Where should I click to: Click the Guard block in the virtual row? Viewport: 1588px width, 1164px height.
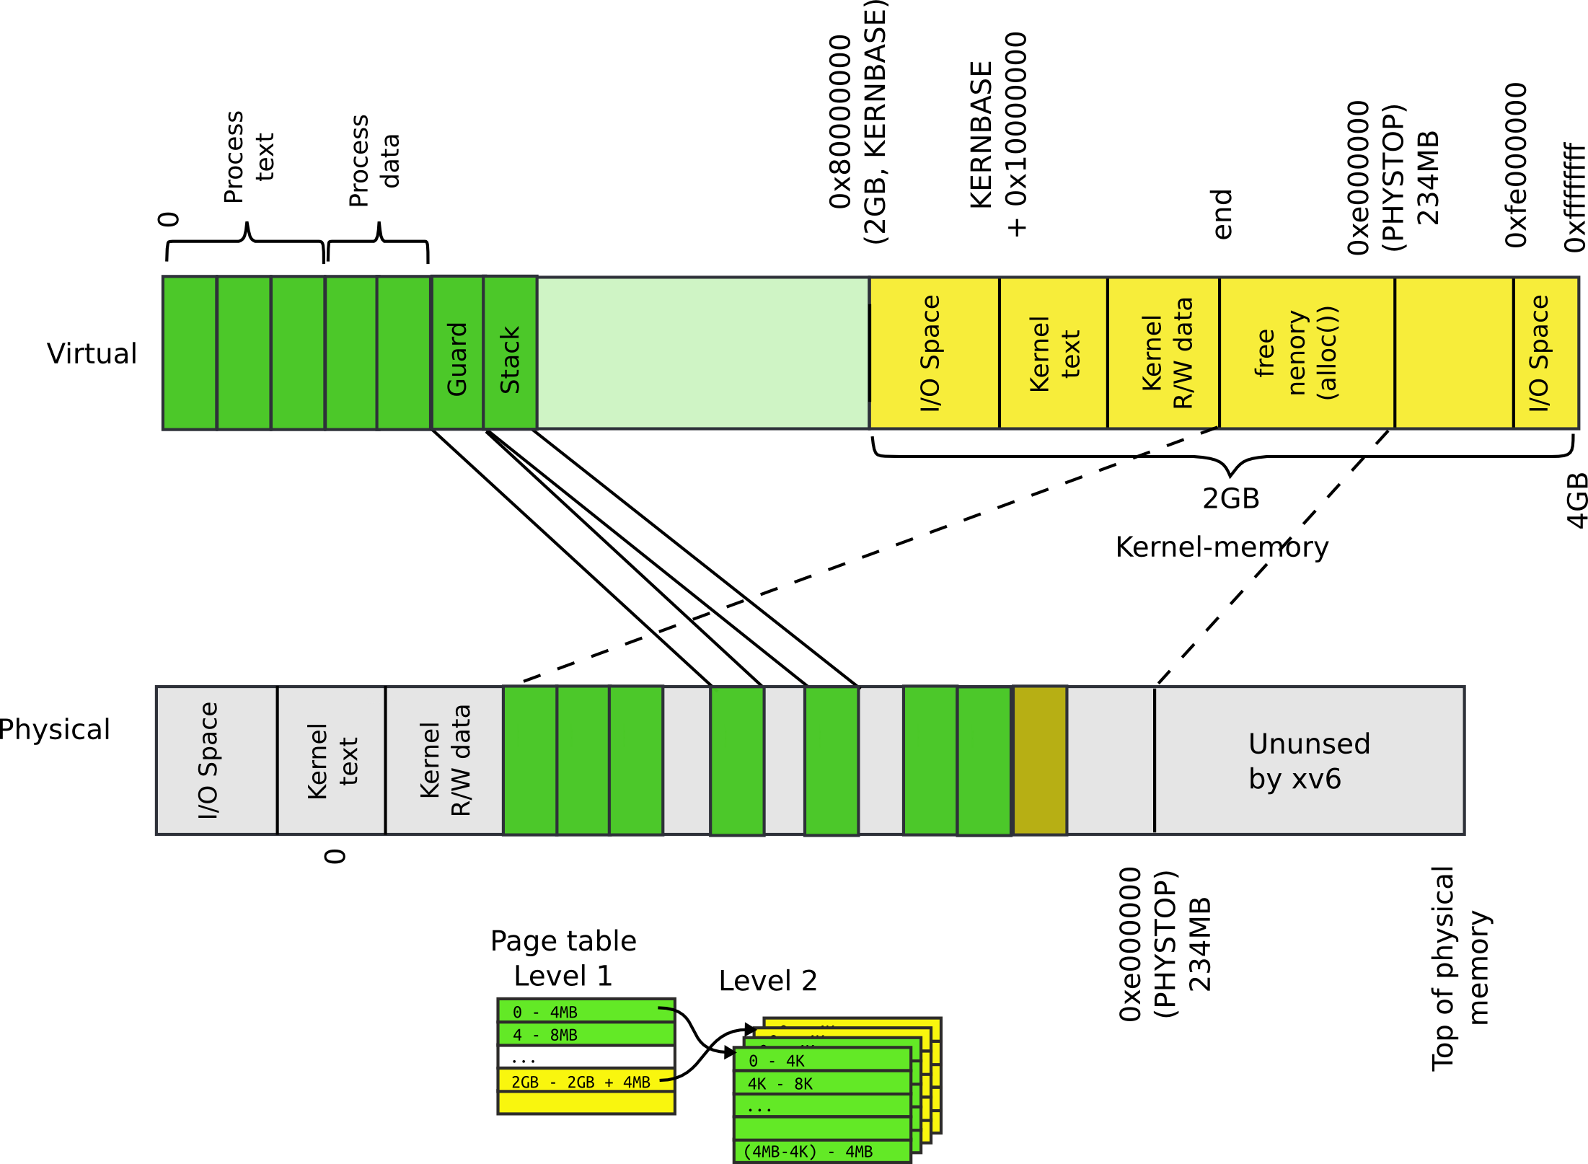[456, 353]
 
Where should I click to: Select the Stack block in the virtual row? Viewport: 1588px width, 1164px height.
[510, 353]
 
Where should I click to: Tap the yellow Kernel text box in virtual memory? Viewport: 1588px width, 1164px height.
[1053, 353]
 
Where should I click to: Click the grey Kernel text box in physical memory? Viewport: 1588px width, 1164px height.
[331, 760]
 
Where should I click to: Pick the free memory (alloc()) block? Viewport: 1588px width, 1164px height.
[1306, 353]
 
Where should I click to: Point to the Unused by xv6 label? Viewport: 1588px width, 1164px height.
[1308, 761]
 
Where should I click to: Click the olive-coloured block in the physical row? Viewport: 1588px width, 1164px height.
[1039, 760]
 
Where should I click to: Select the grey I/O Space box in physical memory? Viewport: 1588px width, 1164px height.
[216, 760]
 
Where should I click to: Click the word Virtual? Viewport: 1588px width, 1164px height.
[92, 353]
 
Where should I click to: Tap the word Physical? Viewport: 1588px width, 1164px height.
[55, 729]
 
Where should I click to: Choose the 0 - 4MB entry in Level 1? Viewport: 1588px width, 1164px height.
[585, 1012]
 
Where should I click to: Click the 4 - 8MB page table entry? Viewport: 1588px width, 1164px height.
[585, 1035]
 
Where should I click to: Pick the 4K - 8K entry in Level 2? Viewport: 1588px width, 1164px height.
[821, 1083]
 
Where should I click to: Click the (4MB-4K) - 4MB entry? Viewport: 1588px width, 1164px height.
[821, 1151]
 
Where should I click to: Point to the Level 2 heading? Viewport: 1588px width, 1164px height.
[767, 981]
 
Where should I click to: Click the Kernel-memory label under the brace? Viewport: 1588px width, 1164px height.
[1222, 547]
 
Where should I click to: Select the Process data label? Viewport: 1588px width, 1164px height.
[373, 161]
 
